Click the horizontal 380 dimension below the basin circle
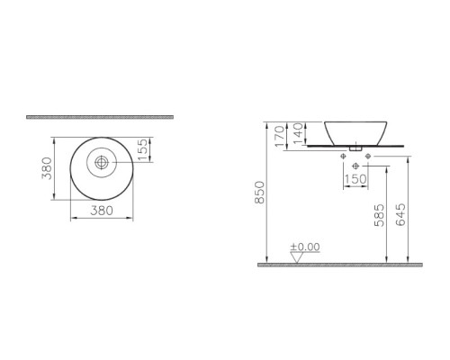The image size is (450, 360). [x=102, y=211]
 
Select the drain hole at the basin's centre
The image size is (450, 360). [x=102, y=163]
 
